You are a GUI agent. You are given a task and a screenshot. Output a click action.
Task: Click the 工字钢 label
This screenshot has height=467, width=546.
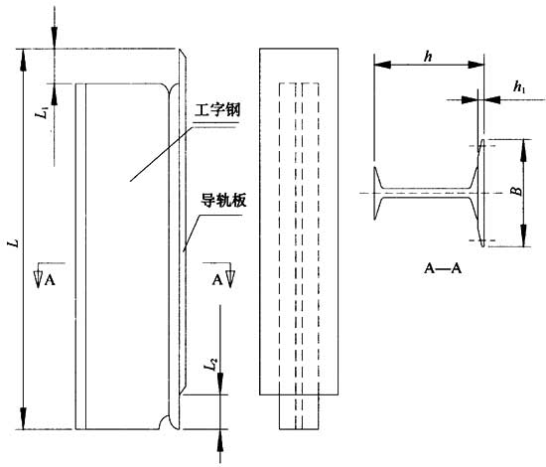[217, 110]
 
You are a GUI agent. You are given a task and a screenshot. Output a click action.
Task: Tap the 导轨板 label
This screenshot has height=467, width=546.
[223, 201]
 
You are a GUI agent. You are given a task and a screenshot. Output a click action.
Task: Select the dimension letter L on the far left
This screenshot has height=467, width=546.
[14, 242]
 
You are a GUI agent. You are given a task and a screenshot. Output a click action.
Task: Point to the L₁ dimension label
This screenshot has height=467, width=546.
[44, 112]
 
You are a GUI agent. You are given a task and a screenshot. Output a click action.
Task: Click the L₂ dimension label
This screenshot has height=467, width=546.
[211, 365]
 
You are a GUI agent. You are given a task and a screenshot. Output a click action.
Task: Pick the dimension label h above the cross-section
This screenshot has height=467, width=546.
[428, 56]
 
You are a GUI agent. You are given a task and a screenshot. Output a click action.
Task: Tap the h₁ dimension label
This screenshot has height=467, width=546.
[519, 87]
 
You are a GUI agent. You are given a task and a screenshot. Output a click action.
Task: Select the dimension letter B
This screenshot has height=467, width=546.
[518, 191]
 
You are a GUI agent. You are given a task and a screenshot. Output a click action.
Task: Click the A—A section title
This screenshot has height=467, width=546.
[443, 268]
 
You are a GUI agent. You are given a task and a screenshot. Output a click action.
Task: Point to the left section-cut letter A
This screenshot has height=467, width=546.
[50, 280]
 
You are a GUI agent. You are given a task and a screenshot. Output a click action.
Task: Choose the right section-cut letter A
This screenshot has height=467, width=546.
[217, 280]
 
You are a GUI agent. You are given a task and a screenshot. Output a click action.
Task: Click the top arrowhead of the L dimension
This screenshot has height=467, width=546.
[24, 60]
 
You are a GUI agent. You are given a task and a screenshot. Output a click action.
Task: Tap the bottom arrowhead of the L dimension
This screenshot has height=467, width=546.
[24, 418]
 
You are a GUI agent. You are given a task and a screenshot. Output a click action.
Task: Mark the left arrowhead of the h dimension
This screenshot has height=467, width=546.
[382, 65]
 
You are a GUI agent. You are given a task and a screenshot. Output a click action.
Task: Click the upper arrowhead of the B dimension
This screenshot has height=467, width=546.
[523, 150]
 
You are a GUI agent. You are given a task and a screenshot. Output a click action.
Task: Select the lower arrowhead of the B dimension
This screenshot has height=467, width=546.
[523, 235]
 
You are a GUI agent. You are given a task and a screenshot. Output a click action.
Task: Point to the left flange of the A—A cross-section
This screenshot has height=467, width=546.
[376, 193]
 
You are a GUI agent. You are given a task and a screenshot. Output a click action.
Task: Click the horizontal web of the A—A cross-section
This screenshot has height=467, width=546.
[427, 193]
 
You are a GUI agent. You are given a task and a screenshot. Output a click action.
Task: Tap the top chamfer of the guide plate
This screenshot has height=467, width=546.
[183, 54]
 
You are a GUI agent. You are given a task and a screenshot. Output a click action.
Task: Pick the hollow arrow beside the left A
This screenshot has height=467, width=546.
[39, 278]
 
